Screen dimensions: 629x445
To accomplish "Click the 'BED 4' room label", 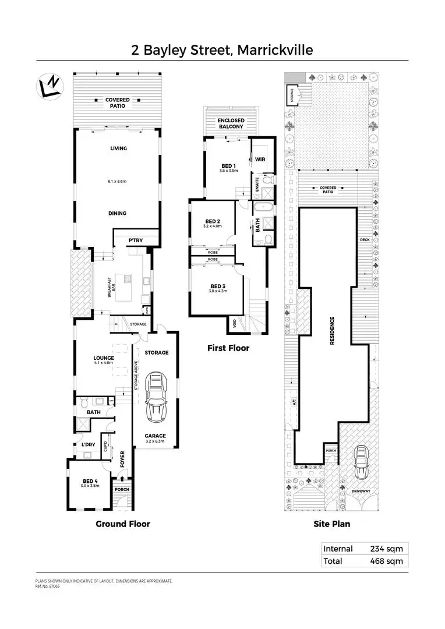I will [90, 481].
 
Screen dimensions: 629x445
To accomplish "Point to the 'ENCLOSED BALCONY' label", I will [231, 123].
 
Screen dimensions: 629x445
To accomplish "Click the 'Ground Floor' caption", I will [122, 524].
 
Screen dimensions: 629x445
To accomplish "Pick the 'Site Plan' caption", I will [331, 524].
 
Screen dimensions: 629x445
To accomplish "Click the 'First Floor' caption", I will [228, 348].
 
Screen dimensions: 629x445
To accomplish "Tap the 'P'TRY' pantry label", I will [136, 241].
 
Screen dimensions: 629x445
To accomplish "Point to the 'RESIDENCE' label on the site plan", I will [333, 331].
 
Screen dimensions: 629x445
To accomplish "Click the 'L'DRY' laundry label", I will [88, 445].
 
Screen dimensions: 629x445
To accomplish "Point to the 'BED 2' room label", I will [213, 221].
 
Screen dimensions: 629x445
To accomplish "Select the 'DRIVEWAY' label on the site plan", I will [361, 492].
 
